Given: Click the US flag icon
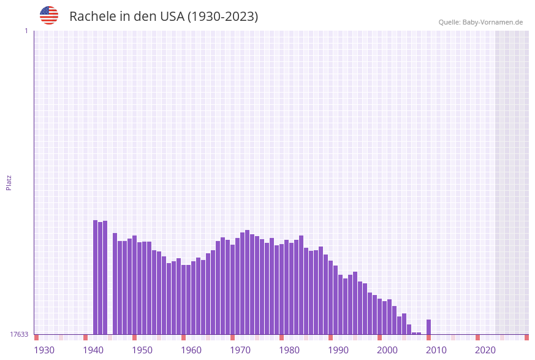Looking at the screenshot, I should pyautogui.click(x=49, y=15).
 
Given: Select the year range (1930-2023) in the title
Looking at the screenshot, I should pyautogui.click(x=222, y=17).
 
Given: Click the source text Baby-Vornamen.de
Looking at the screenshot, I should pyautogui.click(x=493, y=22).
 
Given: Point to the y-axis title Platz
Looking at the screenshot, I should pyautogui.click(x=9, y=182).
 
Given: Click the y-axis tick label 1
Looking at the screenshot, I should pyautogui.click(x=26, y=31).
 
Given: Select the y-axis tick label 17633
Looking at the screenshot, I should pyautogui.click(x=19, y=334).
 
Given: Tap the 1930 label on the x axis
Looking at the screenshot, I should pyautogui.click(x=44, y=350).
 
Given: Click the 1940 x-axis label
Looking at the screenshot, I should pyautogui.click(x=93, y=350).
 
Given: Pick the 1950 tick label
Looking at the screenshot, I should pyautogui.click(x=142, y=350).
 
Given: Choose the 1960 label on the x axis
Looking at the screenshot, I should pyautogui.click(x=191, y=350).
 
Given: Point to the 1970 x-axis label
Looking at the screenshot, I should pyautogui.click(x=240, y=350).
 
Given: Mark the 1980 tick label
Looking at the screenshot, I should pyautogui.click(x=289, y=350).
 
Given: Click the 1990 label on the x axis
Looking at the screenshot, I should pyautogui.click(x=338, y=350).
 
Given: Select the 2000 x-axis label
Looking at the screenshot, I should pyautogui.click(x=387, y=350).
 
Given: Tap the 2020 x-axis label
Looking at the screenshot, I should pyautogui.click(x=485, y=350).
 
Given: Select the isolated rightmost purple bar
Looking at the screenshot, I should pyautogui.click(x=428, y=327).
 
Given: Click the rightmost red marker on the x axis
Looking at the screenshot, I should pyautogui.click(x=526, y=337).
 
